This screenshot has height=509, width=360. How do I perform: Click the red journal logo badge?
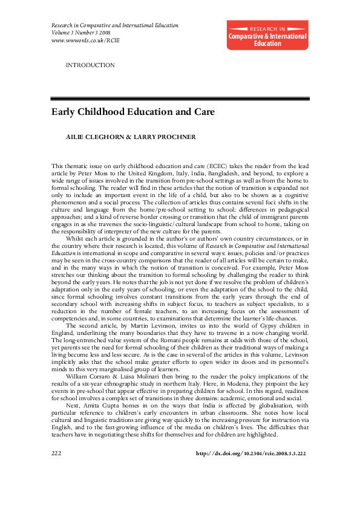(267, 36)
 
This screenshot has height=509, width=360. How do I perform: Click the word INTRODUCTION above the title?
(90, 65)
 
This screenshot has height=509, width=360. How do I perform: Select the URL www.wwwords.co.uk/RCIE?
(85, 40)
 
